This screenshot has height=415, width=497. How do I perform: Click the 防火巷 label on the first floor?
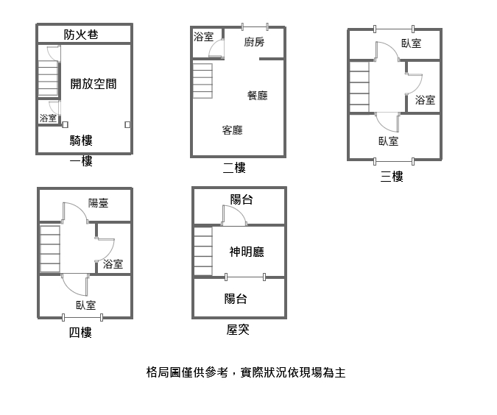[x=81, y=35]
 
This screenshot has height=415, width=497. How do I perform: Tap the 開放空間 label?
[x=94, y=84]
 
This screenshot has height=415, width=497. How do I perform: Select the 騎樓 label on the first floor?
[x=81, y=141]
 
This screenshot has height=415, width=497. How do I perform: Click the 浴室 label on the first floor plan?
[x=48, y=118]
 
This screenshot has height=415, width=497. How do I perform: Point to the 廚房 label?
[x=254, y=42]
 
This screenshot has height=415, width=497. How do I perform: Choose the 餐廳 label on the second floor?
[x=258, y=96]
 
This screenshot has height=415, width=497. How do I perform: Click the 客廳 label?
[x=233, y=130]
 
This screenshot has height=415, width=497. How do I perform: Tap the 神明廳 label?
[x=247, y=252]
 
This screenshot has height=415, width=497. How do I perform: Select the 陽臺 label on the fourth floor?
[x=98, y=203]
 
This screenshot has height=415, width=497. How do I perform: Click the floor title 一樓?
[x=81, y=161]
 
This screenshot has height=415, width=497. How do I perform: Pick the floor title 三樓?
[x=392, y=177]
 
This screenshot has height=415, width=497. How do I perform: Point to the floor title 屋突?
[x=238, y=330]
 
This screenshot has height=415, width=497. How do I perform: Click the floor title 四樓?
[x=80, y=333]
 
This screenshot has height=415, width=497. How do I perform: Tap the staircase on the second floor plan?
[x=202, y=81]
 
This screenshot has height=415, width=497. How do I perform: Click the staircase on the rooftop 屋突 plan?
[x=203, y=251]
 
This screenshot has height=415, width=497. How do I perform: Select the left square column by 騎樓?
[x=65, y=124]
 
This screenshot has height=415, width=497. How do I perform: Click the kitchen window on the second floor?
[x=255, y=26]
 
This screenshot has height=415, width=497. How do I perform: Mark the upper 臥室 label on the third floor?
[x=412, y=43]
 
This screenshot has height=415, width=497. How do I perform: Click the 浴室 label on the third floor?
[x=425, y=100]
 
